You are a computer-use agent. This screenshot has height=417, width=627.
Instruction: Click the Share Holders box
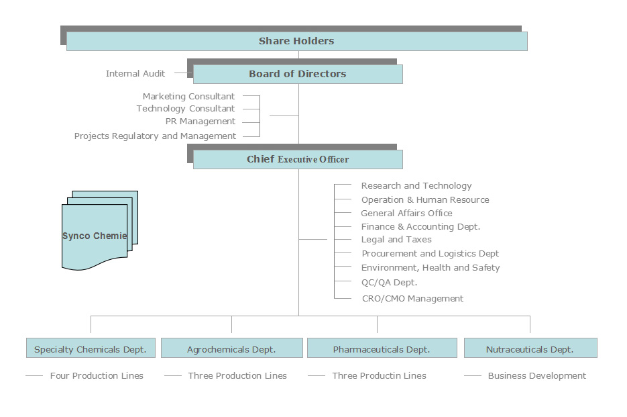pos(296,41)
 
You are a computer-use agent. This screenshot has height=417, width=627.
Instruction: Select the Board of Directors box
pos(298,74)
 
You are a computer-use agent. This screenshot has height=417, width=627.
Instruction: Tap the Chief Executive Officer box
pos(298,159)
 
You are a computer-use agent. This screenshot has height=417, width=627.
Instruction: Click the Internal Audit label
pos(135,74)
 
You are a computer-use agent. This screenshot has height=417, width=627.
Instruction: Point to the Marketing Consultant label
pos(188,97)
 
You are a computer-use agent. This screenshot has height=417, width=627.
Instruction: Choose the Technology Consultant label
pos(186,109)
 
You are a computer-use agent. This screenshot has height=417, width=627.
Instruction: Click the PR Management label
pos(201,122)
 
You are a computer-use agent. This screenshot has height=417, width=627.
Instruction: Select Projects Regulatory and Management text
pos(155,136)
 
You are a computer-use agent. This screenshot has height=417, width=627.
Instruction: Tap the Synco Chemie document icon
pos(99,230)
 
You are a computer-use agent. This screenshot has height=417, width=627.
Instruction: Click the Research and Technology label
pos(416,186)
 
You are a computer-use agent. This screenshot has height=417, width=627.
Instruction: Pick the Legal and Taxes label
pos(396,240)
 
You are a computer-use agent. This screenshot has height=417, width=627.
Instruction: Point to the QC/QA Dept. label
pos(389,283)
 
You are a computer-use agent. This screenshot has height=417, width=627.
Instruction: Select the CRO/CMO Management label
pos(412,298)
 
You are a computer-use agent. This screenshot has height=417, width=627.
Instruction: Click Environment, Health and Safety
pos(431,267)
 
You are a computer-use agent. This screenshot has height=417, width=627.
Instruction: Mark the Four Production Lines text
pos(97,376)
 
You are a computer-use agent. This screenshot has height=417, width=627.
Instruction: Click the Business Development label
pos(537,376)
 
